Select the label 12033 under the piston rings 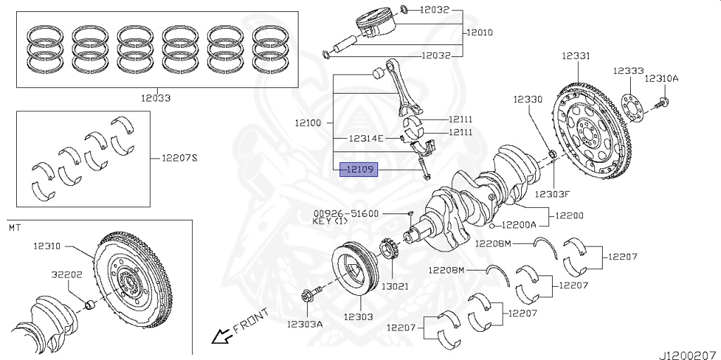coord(155,99)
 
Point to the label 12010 coord(478,32)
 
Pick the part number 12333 coord(628,71)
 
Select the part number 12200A coord(519,225)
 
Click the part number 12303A coord(304,324)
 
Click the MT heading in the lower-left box coord(15,228)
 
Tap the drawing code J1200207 coord(687,350)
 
